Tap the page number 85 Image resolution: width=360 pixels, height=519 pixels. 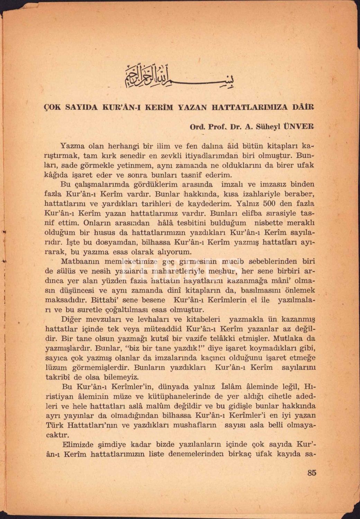point(312,473)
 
